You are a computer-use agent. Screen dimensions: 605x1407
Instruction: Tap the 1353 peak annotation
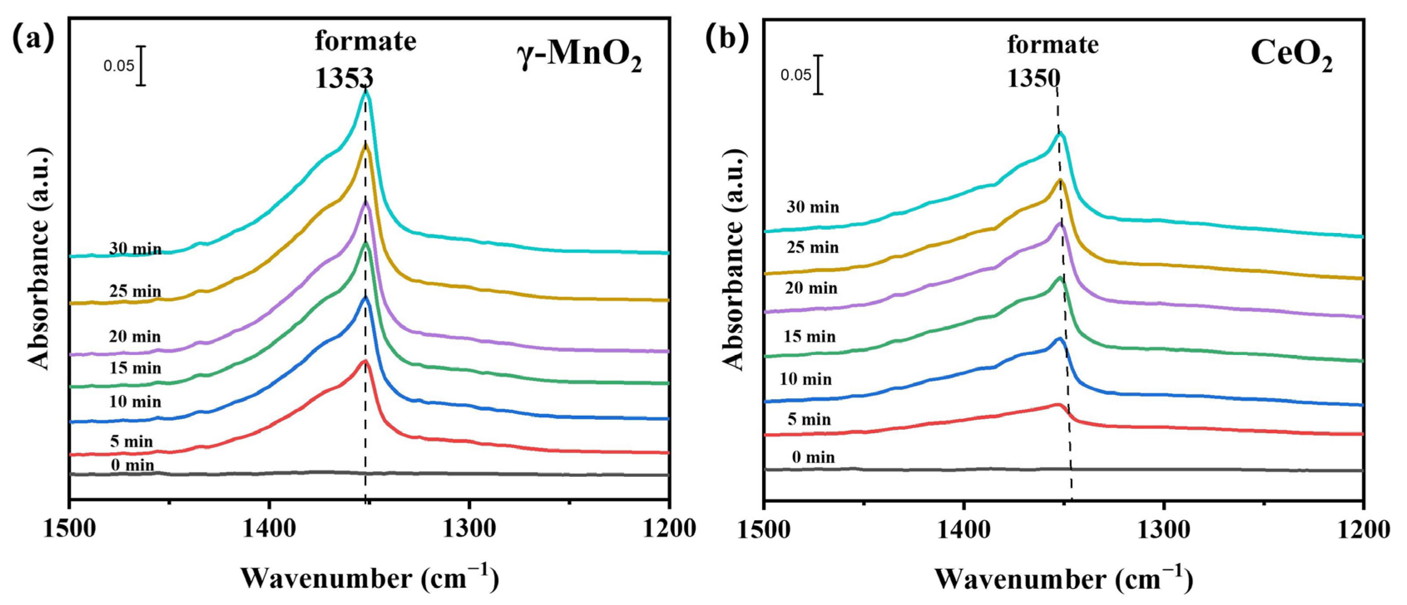(344, 78)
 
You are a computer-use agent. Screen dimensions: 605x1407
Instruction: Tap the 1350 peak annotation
(1033, 79)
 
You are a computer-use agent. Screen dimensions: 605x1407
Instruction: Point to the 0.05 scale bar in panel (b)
(817, 75)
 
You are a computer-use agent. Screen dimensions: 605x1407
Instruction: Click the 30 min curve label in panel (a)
(136, 249)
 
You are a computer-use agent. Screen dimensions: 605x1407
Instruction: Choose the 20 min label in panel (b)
(811, 288)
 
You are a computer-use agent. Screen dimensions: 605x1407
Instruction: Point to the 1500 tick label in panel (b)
(765, 529)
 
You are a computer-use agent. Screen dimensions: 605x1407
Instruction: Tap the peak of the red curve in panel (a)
(364, 361)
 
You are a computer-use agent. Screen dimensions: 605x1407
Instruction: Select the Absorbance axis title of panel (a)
(40, 258)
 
